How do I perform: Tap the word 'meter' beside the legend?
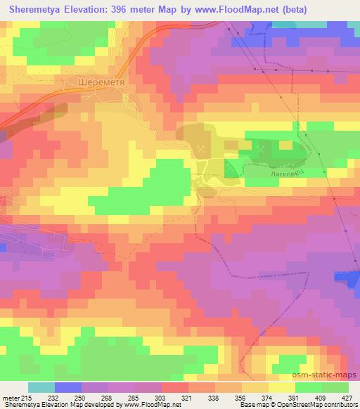coord(11,397)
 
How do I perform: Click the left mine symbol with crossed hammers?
coord(200,149)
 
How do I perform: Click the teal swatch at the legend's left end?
coord(41,387)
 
